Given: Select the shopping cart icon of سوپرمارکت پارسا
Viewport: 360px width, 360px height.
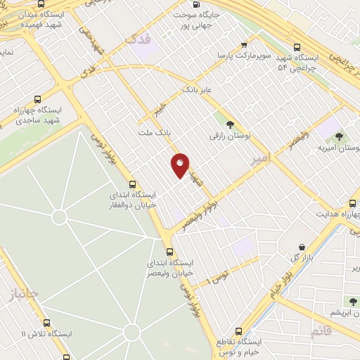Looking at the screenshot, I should point(243,42).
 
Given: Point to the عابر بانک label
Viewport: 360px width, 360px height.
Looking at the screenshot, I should point(197,89).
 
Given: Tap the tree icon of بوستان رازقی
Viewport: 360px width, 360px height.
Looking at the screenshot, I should point(229,124).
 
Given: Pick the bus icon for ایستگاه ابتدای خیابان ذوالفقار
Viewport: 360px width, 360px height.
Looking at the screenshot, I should point(133,184).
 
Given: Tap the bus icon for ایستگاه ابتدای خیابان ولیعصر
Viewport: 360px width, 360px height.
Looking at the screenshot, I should point(169,251).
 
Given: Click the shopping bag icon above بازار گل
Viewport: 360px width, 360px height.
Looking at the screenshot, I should point(302,247).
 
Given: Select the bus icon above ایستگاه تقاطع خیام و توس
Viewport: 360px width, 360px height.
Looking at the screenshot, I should point(238,330).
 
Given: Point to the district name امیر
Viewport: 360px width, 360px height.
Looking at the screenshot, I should point(259,160).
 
